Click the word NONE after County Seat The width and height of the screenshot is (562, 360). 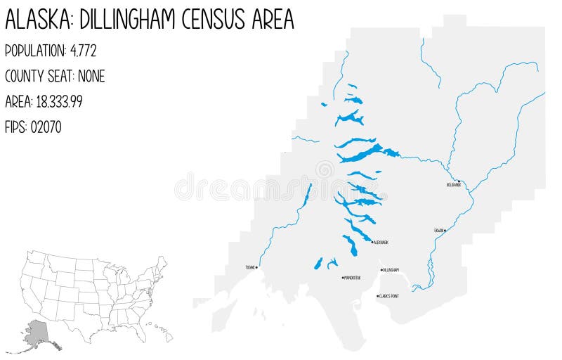tap(91, 76)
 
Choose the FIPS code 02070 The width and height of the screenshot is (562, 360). tap(46, 127)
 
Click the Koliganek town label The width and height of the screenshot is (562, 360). tap(454, 185)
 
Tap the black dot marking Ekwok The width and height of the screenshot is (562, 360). tap(445, 230)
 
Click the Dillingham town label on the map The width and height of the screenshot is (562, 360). tap(391, 270)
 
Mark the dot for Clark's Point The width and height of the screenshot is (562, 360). tap(378, 296)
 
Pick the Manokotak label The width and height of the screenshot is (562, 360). tap(353, 278)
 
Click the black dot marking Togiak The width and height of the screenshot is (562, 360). tap(257, 267)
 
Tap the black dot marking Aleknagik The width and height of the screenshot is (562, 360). tap(372, 242)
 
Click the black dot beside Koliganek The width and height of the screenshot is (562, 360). tap(459, 181)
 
